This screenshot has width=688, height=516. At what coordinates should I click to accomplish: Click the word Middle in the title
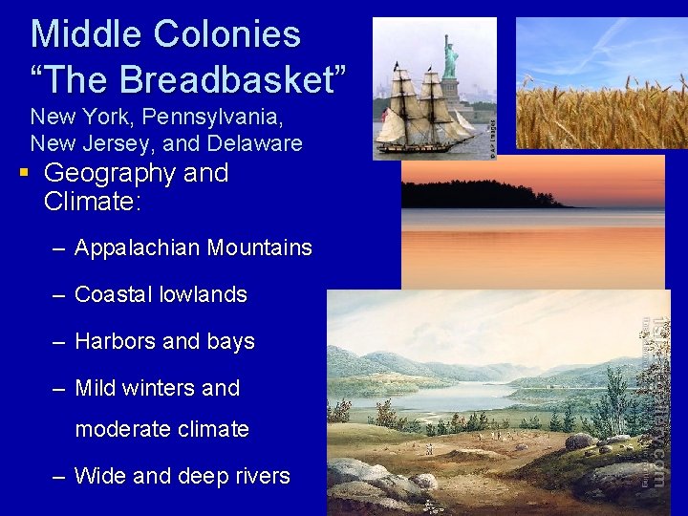click(78, 34)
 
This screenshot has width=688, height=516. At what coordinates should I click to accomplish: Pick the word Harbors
click(111, 342)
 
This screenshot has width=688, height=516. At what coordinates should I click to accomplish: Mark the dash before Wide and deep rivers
click(59, 476)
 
